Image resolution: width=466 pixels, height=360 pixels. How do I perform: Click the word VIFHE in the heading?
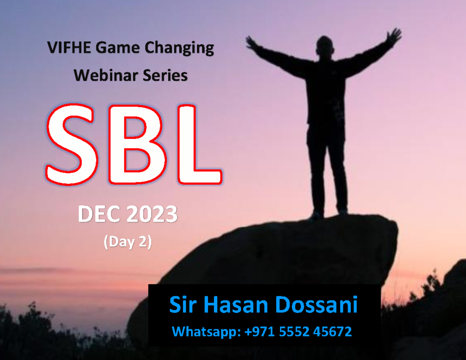point(69,48)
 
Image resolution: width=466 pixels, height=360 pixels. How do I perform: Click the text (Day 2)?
point(127,242)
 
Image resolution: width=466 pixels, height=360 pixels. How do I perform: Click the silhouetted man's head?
point(325,46)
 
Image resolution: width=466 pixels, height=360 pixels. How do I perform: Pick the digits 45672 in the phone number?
point(334,332)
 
